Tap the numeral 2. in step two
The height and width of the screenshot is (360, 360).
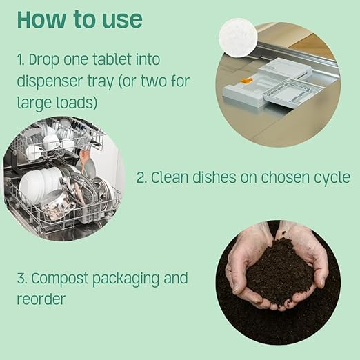tap(142, 178)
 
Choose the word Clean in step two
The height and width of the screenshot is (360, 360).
tap(171, 178)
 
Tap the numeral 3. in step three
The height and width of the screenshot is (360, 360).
tap(23, 280)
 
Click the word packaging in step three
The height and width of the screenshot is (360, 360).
tap(129, 280)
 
